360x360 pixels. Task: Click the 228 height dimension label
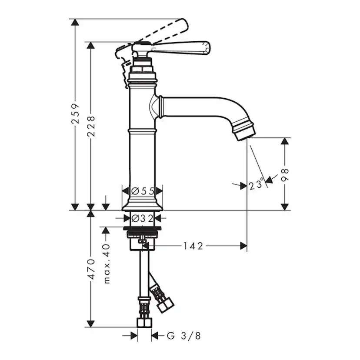point(91,126)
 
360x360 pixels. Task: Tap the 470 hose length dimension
point(91,269)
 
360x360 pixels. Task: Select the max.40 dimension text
point(107,263)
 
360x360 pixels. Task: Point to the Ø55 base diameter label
point(142,191)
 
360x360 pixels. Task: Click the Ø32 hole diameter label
point(142,218)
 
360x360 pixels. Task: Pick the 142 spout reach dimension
point(193,246)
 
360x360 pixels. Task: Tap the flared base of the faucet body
point(142,204)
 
